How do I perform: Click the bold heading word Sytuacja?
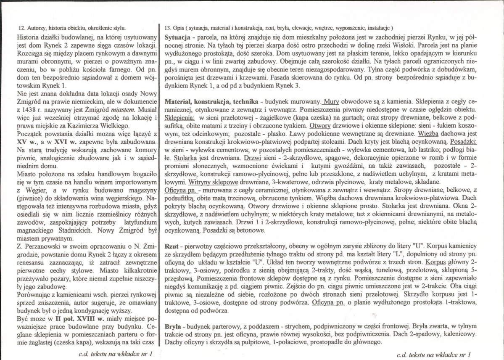pyautogui.click(x=178, y=38)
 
